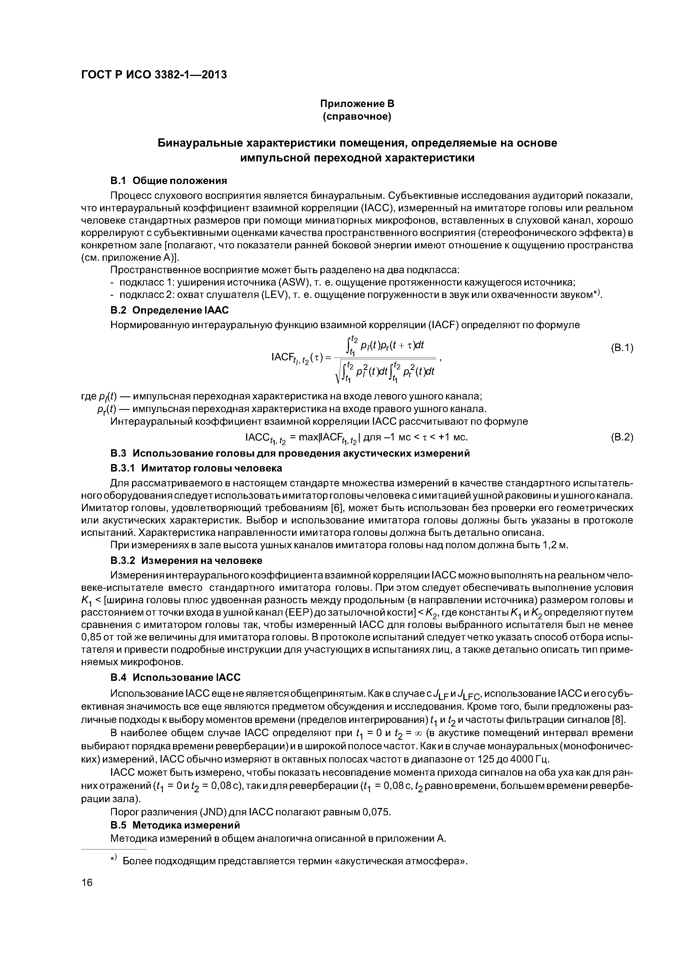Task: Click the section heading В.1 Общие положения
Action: click(x=168, y=181)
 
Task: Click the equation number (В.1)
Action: click(x=621, y=348)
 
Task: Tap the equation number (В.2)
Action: click(x=621, y=438)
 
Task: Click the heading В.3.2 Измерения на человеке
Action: click(x=186, y=561)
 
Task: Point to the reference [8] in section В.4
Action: click(x=619, y=719)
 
